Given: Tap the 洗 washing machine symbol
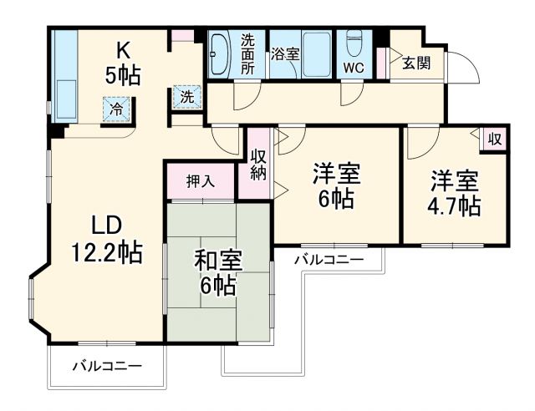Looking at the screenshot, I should tap(187, 96).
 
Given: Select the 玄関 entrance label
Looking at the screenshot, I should tap(415, 63).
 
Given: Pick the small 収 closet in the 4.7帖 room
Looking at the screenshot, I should tap(494, 139).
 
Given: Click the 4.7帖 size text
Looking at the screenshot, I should tap(456, 205).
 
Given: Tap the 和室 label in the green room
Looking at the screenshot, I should tap(218, 261).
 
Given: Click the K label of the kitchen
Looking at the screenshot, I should tap(122, 48).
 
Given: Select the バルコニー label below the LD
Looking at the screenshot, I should tap(106, 366).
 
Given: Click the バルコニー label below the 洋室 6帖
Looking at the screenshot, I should tap(329, 260).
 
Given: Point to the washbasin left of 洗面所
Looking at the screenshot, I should tap(221, 54).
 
